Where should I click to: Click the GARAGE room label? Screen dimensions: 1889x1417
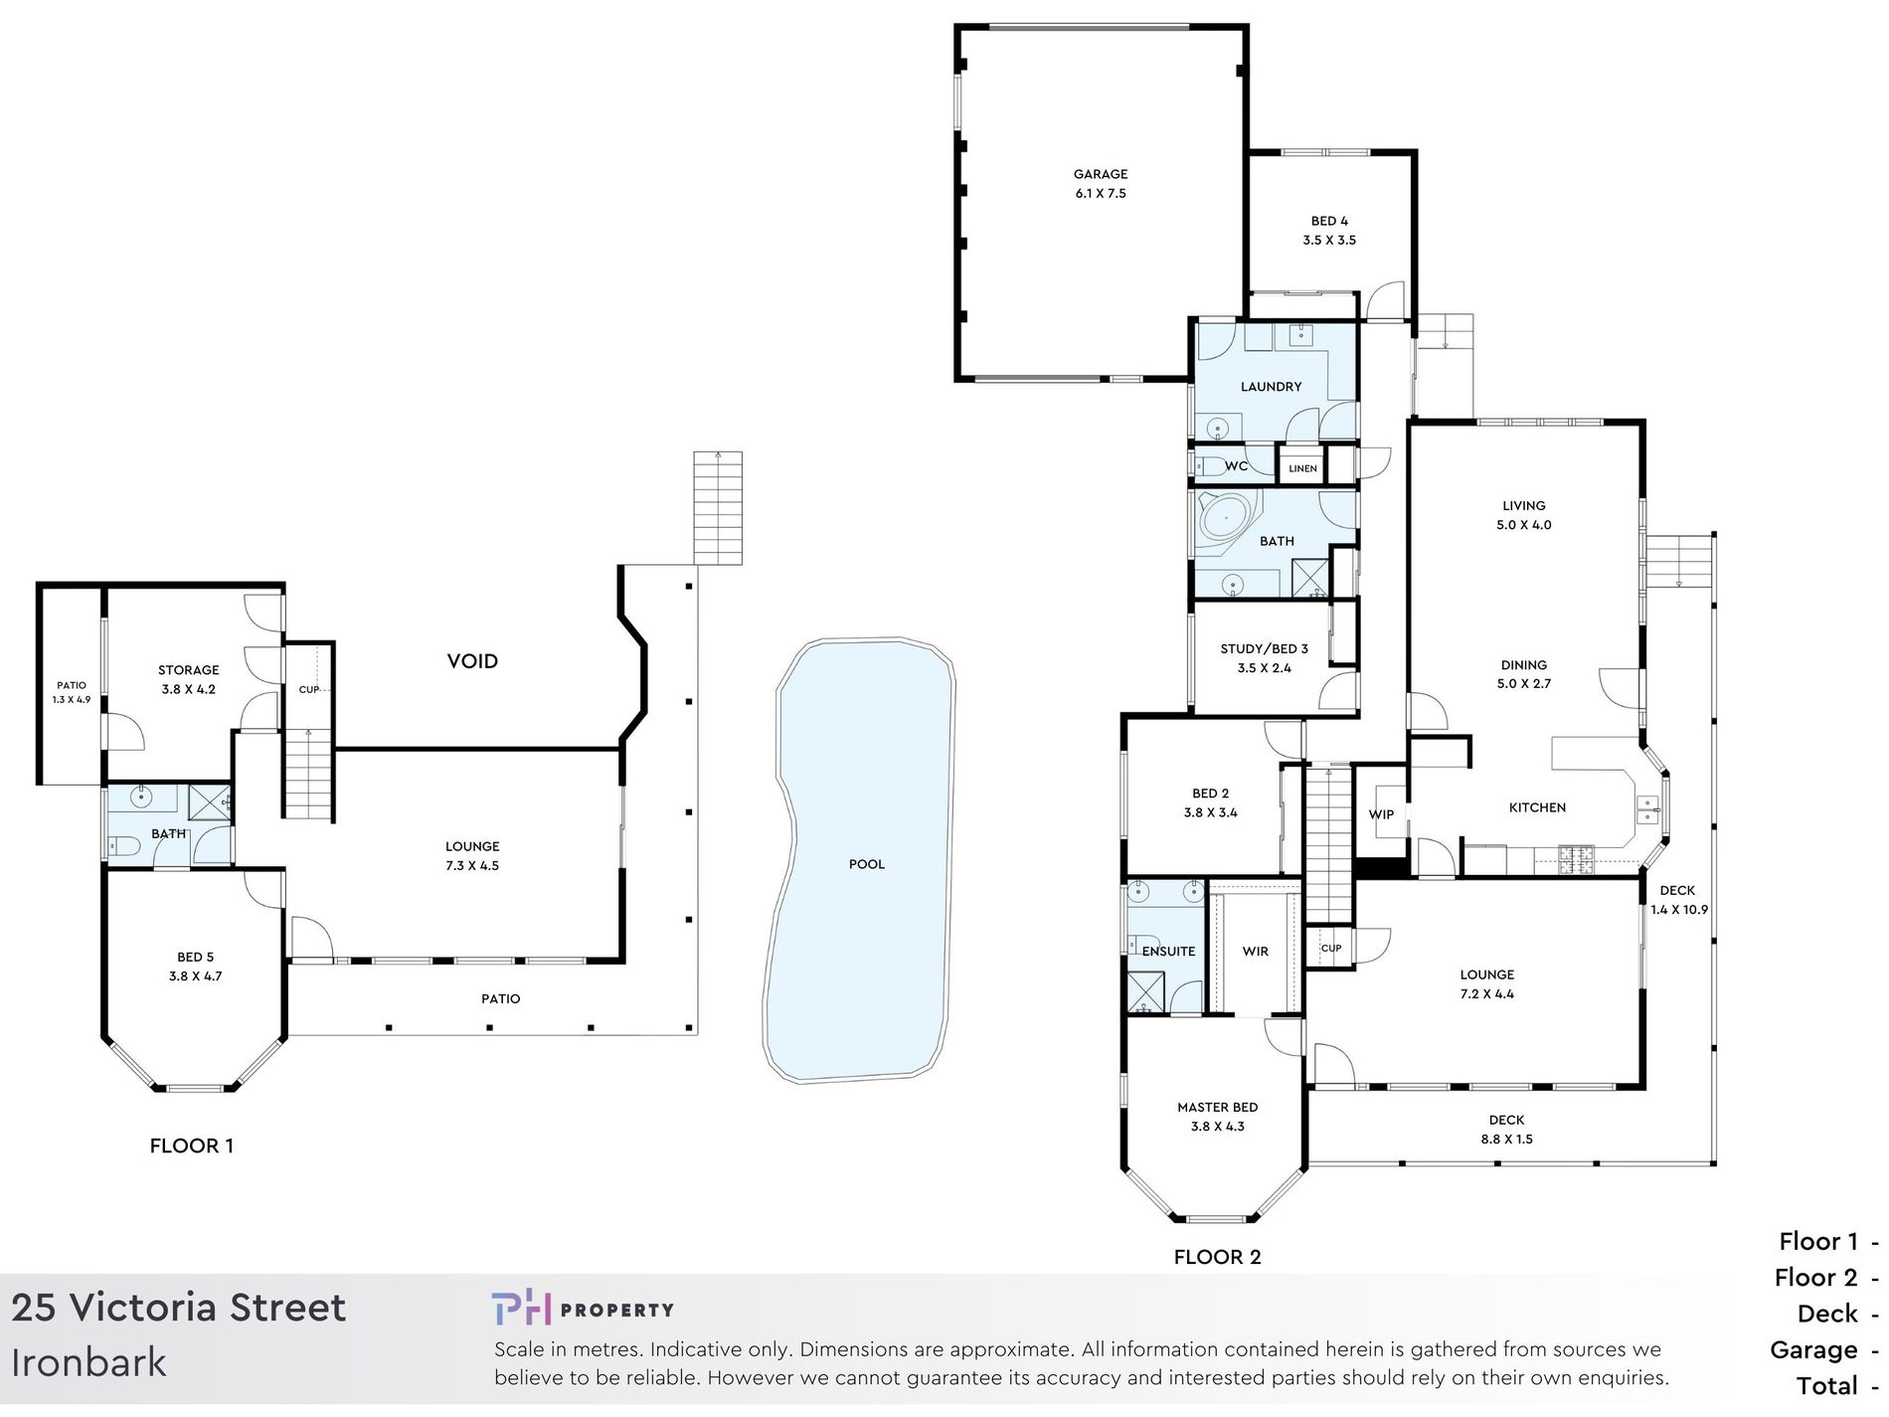[1100, 174]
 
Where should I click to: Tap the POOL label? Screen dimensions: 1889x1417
[866, 864]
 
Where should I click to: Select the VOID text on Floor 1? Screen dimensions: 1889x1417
[472, 661]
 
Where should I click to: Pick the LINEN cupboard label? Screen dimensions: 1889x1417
[1302, 468]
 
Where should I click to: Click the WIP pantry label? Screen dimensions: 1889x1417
[1381, 814]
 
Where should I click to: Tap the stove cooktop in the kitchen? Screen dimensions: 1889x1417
[1575, 858]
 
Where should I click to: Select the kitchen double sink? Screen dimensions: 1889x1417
[1647, 808]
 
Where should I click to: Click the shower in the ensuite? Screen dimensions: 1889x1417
[1145, 991]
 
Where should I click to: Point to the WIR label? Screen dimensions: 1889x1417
[1255, 952]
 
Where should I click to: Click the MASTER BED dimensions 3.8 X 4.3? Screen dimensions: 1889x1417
[1217, 1127]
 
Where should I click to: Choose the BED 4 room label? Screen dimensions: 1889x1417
[1329, 221]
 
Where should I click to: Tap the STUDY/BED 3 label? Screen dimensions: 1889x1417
[1264, 648]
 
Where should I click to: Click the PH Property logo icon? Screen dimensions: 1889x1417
[521, 1308]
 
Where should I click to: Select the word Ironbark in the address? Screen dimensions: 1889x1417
[88, 1362]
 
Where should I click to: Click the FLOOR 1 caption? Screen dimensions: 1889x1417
[192, 1146]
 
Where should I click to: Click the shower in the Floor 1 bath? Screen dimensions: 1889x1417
[210, 802]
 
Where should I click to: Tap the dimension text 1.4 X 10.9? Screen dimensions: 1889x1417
[1679, 910]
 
